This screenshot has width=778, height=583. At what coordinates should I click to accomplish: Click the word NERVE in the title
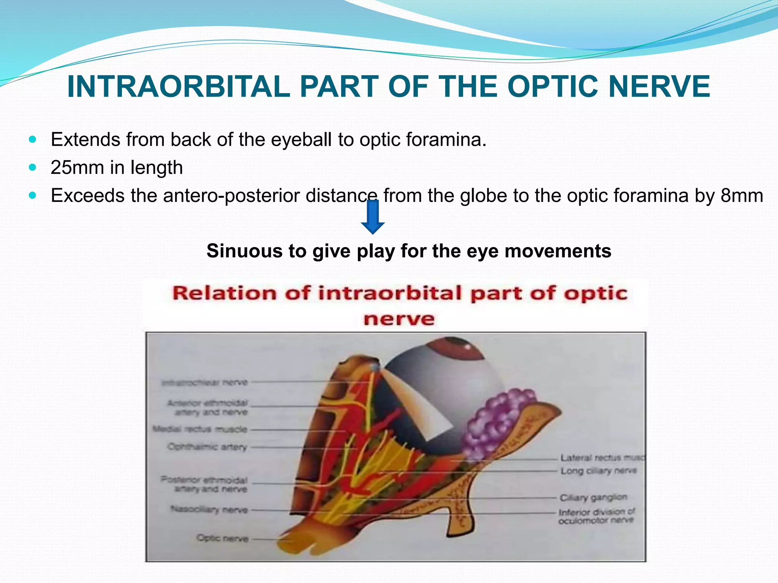(659, 87)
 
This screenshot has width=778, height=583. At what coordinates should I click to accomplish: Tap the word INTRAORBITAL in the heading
(179, 87)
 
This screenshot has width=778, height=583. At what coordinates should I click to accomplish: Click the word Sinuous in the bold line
(245, 251)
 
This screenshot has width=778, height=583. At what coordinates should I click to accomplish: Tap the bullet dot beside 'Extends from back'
(33, 139)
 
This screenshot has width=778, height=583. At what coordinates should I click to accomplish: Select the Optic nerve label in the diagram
(223, 538)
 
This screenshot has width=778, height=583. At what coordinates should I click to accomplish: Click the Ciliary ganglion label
(593, 497)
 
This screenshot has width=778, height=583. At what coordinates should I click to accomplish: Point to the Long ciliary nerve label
(598, 471)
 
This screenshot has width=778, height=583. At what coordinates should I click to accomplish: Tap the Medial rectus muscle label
(200, 429)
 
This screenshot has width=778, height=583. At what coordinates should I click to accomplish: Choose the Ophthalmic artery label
(207, 447)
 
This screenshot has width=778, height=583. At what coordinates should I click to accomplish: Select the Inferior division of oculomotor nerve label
(596, 516)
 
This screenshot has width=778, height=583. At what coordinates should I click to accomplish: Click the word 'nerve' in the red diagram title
(399, 318)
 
